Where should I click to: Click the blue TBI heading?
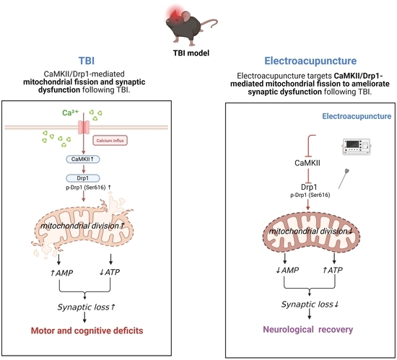click(x=87, y=61)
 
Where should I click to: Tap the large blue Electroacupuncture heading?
click(x=310, y=61)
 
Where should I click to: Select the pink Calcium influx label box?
click(x=110, y=141)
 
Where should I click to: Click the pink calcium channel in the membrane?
click(x=84, y=127)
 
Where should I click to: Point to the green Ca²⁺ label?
click(x=71, y=113)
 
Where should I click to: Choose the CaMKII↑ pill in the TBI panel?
click(x=83, y=159)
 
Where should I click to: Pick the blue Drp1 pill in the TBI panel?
click(x=83, y=178)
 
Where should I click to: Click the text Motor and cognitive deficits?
click(x=87, y=330)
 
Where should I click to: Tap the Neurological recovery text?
click(x=308, y=330)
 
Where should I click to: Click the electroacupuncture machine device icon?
click(x=357, y=146)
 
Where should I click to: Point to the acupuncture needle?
click(x=344, y=179)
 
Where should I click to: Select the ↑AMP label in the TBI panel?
click(x=61, y=273)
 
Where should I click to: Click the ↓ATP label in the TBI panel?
click(x=110, y=272)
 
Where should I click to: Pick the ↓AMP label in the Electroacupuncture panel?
click(x=287, y=271)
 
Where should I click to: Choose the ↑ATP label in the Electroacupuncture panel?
click(x=333, y=271)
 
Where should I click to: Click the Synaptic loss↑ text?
click(x=87, y=307)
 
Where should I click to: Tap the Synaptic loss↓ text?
click(x=310, y=304)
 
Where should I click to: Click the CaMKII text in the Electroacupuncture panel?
click(x=307, y=163)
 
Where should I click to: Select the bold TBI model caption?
click(x=191, y=53)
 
